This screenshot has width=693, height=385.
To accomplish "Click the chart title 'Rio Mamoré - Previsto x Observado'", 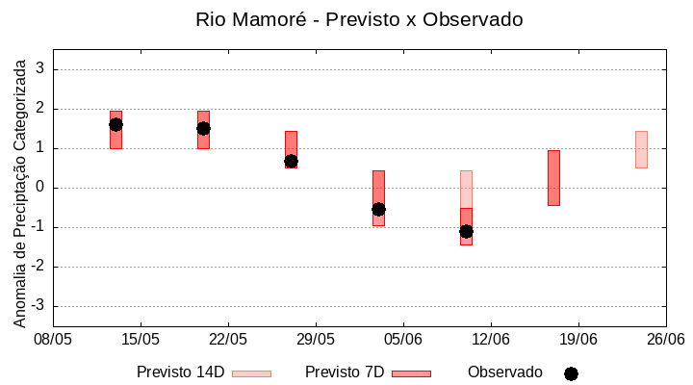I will tap(359, 19).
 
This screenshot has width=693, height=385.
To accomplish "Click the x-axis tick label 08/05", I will tap(53, 339).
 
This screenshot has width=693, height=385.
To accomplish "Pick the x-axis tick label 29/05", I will tap(316, 339).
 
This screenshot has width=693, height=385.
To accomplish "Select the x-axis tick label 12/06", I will tap(491, 339).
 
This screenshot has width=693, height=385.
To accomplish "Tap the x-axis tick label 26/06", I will tap(665, 339).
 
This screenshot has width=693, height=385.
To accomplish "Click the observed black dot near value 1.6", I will tap(115, 124).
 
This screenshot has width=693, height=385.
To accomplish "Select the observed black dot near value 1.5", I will tap(203, 128).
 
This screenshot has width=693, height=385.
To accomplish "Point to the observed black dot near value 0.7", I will tap(291, 161).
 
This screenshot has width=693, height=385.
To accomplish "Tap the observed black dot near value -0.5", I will tap(378, 209).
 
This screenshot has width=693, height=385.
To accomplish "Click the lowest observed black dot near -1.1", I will tap(466, 231).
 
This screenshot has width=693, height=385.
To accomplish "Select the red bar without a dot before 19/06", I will tap(553, 178).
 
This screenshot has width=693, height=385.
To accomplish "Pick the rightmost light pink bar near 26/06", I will tap(641, 149).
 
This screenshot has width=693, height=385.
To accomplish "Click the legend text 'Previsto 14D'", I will tap(180, 372).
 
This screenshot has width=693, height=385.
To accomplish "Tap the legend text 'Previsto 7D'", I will tap(345, 372).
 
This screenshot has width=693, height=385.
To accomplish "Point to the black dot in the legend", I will tap(571, 373).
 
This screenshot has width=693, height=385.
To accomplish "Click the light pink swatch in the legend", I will tap(251, 373).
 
